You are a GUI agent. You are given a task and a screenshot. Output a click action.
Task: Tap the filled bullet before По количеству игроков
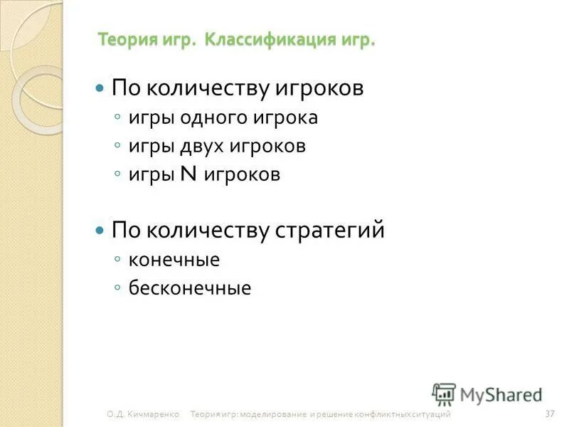pos(100,89)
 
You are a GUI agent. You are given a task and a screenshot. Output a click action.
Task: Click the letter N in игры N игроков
pos(189,174)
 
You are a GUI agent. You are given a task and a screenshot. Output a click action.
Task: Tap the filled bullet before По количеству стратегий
pos(100,231)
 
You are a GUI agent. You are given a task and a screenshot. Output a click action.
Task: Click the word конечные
pos(174,260)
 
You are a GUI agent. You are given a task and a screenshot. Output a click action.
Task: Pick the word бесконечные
pos(190,288)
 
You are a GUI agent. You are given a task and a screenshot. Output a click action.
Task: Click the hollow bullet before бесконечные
pos(118,288)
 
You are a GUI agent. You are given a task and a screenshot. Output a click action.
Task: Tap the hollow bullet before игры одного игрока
pos(118,118)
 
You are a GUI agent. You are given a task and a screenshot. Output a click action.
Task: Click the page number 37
pos(549,413)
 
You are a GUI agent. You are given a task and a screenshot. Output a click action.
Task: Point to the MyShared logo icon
pos(444,394)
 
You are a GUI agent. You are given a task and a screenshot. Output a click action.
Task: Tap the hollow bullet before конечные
pos(118,260)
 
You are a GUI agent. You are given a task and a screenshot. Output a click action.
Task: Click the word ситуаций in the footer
pos(433,414)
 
